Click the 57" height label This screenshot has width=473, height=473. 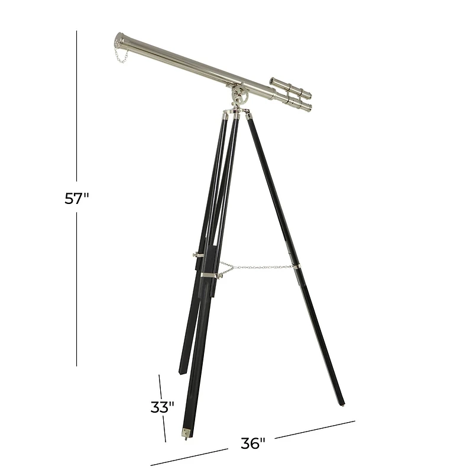coord(77,199)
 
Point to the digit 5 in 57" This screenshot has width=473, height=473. coord(70,199)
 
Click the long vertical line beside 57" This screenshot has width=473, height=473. coord(77,118)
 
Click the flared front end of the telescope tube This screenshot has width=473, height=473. coord(121,42)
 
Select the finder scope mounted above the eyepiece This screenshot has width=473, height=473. coord(290,86)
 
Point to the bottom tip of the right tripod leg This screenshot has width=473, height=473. coord(342,404)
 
